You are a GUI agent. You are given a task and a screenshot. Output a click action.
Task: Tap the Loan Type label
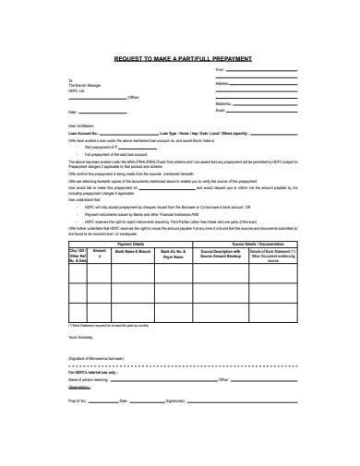pos(181,132)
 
